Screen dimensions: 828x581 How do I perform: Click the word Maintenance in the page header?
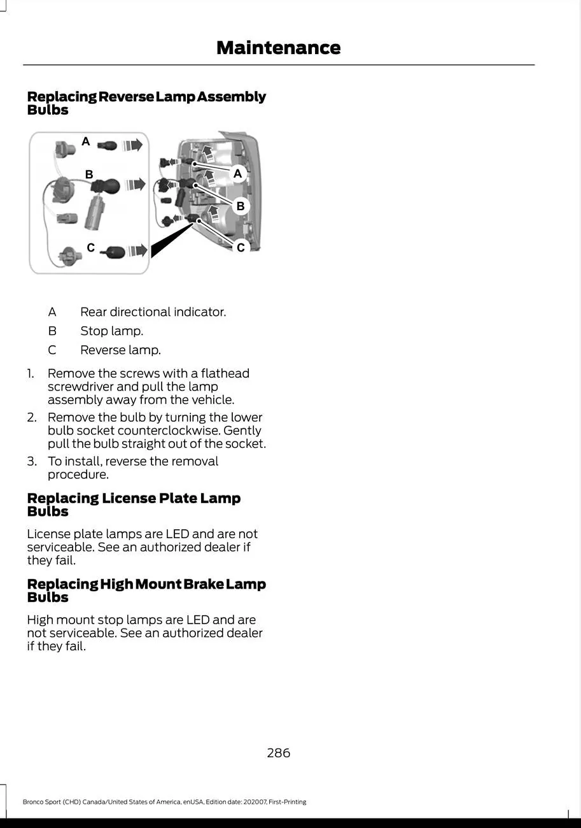pos(278,48)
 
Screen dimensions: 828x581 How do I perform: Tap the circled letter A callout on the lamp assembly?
pos(237,173)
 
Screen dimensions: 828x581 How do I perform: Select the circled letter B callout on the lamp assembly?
pos(241,206)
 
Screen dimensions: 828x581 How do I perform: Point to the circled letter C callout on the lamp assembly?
pos(241,247)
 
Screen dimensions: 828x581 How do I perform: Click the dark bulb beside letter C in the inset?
pos(115,250)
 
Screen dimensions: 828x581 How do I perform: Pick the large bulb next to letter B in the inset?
pos(105,185)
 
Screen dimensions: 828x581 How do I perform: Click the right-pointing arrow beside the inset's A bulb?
pos(134,145)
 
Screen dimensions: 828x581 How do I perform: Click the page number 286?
pos(278,753)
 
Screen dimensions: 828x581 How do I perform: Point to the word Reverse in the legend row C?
pos(102,350)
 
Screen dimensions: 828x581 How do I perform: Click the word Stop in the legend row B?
pos(94,331)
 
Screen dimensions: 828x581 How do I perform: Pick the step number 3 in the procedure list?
pos(30,461)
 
